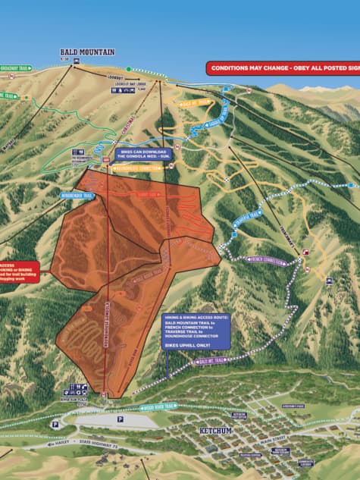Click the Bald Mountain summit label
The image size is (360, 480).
88,52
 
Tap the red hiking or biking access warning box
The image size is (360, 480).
16,272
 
